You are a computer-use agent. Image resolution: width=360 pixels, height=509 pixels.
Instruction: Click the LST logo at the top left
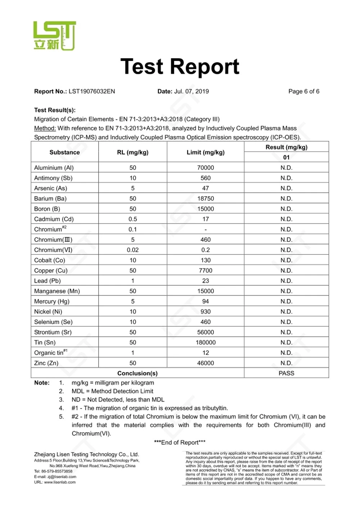[x=54, y=35]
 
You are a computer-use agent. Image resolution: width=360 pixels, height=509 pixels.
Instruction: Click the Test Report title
[x=180, y=67]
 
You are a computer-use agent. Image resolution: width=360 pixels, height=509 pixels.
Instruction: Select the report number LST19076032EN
[x=92, y=91]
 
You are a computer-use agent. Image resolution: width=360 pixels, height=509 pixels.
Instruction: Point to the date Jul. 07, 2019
[x=191, y=91]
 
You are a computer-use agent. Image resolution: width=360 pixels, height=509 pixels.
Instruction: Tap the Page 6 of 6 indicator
[x=303, y=91]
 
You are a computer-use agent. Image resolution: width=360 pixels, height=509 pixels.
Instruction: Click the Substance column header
[x=64, y=152]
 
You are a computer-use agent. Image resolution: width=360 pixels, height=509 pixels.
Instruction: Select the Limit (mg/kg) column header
[x=205, y=152]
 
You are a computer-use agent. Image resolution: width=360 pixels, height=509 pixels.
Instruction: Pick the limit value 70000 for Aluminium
[x=205, y=168]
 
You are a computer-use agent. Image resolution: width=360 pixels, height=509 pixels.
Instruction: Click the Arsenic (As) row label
[x=50, y=188]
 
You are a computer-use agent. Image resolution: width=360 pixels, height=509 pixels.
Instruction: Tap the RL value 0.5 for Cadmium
[x=132, y=219]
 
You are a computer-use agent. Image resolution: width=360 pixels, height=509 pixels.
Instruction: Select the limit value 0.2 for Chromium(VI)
[x=205, y=250]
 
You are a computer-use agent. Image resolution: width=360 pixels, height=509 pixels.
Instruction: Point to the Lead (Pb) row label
[x=47, y=281]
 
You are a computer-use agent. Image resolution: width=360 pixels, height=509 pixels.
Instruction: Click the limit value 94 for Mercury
[x=205, y=302]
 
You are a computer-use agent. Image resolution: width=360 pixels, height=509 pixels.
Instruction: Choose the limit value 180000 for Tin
[x=205, y=343]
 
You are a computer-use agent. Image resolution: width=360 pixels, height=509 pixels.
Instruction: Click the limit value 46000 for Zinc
[x=205, y=363]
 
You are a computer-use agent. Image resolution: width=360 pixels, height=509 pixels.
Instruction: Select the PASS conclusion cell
[x=286, y=374]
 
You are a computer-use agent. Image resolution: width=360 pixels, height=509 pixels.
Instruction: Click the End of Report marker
[x=180, y=443]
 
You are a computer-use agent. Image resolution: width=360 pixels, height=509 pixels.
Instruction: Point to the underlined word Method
[x=45, y=128]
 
